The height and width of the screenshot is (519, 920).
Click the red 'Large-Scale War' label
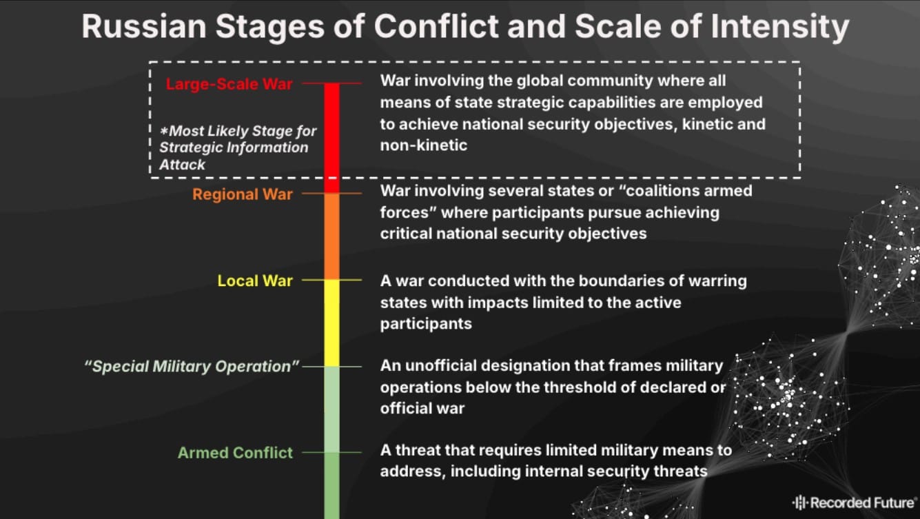pyautogui.click(x=229, y=84)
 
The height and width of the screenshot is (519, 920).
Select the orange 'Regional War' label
pyautogui.click(x=243, y=194)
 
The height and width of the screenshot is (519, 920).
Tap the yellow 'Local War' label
pyautogui.click(x=255, y=281)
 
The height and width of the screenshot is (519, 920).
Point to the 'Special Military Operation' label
pyautogui.click(x=192, y=366)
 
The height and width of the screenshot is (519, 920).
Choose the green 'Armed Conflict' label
pyautogui.click(x=235, y=452)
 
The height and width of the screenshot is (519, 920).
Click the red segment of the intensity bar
pyautogui.click(x=332, y=138)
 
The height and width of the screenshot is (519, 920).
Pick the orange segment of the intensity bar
pyautogui.click(x=332, y=236)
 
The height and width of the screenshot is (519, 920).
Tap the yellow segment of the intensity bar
pyautogui.click(x=332, y=323)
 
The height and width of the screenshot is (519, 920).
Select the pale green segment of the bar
pyautogui.click(x=332, y=409)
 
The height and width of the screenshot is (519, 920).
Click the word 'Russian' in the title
pyautogui.click(x=144, y=26)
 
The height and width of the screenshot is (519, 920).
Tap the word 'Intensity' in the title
pyautogui.click(x=780, y=27)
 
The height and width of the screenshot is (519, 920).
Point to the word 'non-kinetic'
pyautogui.click(x=424, y=145)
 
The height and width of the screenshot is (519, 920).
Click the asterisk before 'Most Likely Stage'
pyautogui.click(x=164, y=131)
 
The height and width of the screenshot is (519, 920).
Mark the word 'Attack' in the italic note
pyautogui.click(x=183, y=164)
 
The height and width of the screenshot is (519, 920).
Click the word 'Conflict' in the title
pyautogui.click(x=436, y=26)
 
